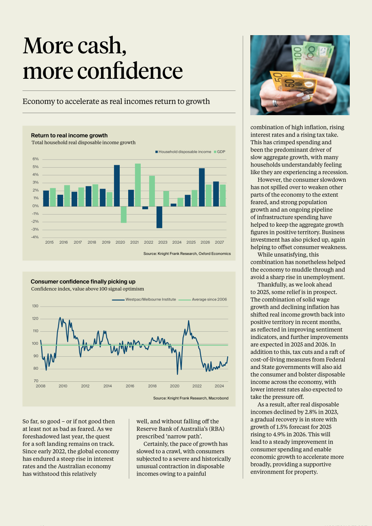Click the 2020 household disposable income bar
pos(117,185)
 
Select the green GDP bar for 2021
pos(138,185)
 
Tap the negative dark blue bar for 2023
pos(159,217)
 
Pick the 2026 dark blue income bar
pos(202,187)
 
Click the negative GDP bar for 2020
pos(124,215)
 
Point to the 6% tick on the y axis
pos(36,159)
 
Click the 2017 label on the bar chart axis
pos(78,242)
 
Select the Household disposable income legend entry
pos(183,151)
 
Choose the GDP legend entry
pos(220,151)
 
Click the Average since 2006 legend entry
pos(203,299)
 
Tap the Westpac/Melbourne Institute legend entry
pos(144,299)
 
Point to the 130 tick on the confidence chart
pos(35,306)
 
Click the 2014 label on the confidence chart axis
pos(108,386)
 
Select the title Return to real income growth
pos(69,135)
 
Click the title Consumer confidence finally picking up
pos(83,282)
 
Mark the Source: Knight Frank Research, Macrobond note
pos(190,398)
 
